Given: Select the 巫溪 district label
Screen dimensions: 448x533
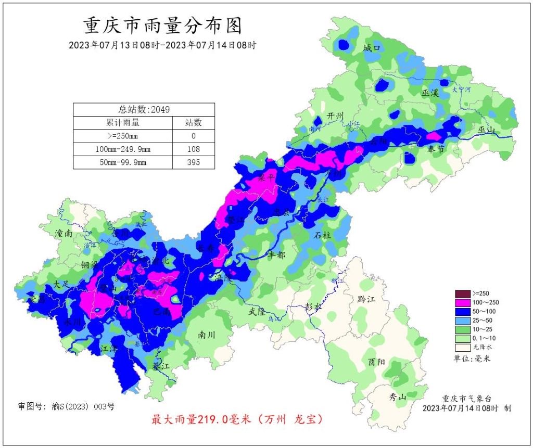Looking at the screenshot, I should (x=430, y=93).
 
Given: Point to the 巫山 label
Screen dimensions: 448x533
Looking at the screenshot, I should (x=488, y=130).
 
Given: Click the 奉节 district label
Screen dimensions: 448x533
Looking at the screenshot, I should (x=436, y=149).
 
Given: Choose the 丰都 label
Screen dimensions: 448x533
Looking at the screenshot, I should (x=276, y=255).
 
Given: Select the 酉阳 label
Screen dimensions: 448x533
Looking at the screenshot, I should (x=377, y=362).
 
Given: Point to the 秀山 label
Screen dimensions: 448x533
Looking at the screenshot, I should (x=398, y=397).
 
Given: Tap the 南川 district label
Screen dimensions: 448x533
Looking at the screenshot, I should (x=207, y=335).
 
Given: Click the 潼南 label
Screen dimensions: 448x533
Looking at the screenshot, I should (x=64, y=234).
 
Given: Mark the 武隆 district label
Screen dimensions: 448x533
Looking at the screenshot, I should (x=257, y=312).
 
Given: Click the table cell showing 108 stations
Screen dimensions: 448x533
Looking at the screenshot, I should (x=193, y=149).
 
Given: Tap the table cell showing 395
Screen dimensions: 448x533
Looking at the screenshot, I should (x=193, y=162).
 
